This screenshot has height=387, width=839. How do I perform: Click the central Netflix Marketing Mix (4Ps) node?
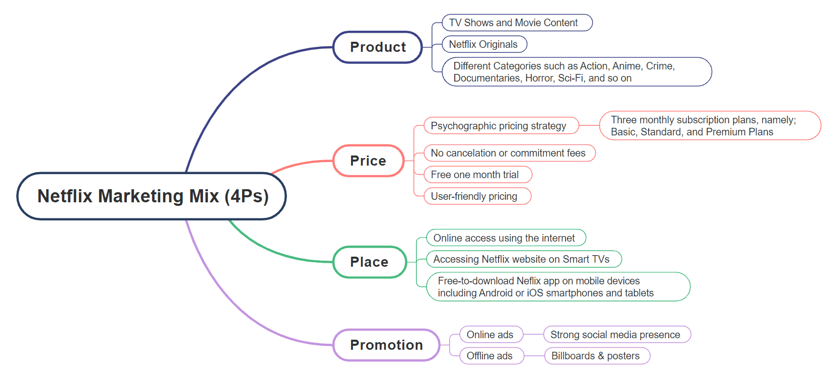pyautogui.click(x=152, y=196)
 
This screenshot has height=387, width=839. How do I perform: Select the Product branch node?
pyautogui.click(x=377, y=47)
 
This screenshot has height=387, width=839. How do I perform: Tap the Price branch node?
pyautogui.click(x=368, y=161)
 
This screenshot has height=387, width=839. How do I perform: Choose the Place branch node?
pyautogui.click(x=369, y=262)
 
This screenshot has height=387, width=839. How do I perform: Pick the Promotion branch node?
pyautogui.click(x=386, y=345)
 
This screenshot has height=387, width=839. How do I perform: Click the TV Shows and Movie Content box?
pyautogui.click(x=517, y=23)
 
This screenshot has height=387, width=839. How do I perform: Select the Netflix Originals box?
pyautogui.click(x=484, y=44)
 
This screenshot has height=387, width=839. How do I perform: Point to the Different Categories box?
pyautogui.click(x=576, y=72)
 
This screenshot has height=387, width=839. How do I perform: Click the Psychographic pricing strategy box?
pyautogui.click(x=501, y=126)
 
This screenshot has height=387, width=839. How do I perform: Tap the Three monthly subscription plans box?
pyautogui.click(x=709, y=126)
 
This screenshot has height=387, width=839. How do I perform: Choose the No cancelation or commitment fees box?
pyautogui.click(x=509, y=153)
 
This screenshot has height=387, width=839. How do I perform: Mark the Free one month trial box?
pyautogui.click(x=477, y=175)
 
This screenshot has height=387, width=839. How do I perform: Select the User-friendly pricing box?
pyautogui.click(x=477, y=196)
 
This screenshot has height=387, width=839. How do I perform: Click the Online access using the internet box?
pyautogui.click(x=506, y=238)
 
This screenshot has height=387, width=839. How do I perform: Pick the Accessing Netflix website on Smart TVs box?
pyautogui.click(x=523, y=259)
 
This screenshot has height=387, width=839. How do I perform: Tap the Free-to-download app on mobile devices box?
pyautogui.click(x=557, y=287)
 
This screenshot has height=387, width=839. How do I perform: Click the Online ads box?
pyautogui.click(x=491, y=335)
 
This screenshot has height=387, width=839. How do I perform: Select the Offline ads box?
pyautogui.click(x=491, y=356)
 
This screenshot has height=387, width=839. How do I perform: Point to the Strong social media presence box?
pyautogui.click(x=616, y=335)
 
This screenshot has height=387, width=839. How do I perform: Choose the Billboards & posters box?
pyautogui.click(x=597, y=356)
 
